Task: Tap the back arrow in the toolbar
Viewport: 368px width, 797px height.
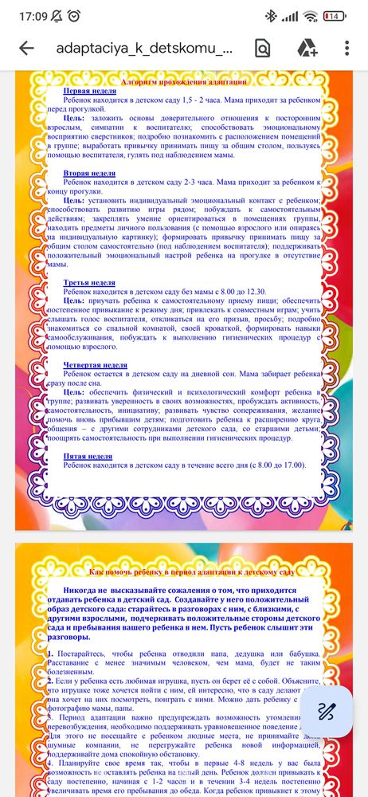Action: click(26, 48)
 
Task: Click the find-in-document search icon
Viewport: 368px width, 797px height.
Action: click(263, 48)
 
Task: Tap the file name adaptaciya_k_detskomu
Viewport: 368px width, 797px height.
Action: click(145, 48)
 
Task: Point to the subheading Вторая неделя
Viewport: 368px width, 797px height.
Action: click(88, 173)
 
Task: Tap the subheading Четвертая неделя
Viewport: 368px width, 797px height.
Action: click(95, 364)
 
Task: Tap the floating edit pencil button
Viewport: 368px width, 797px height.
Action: click(327, 711)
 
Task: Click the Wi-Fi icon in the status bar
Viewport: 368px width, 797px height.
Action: click(311, 15)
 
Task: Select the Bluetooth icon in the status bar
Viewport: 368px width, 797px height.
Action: click(271, 15)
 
